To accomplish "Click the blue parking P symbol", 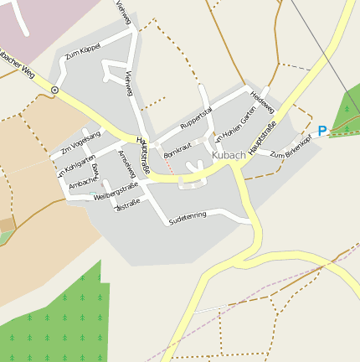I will (321, 132).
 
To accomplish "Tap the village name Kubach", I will (229, 155).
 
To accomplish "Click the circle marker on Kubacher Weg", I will (54, 89).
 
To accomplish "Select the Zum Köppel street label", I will (82, 53).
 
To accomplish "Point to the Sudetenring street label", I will (187, 218).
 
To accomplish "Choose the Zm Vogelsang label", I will (80, 142).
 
